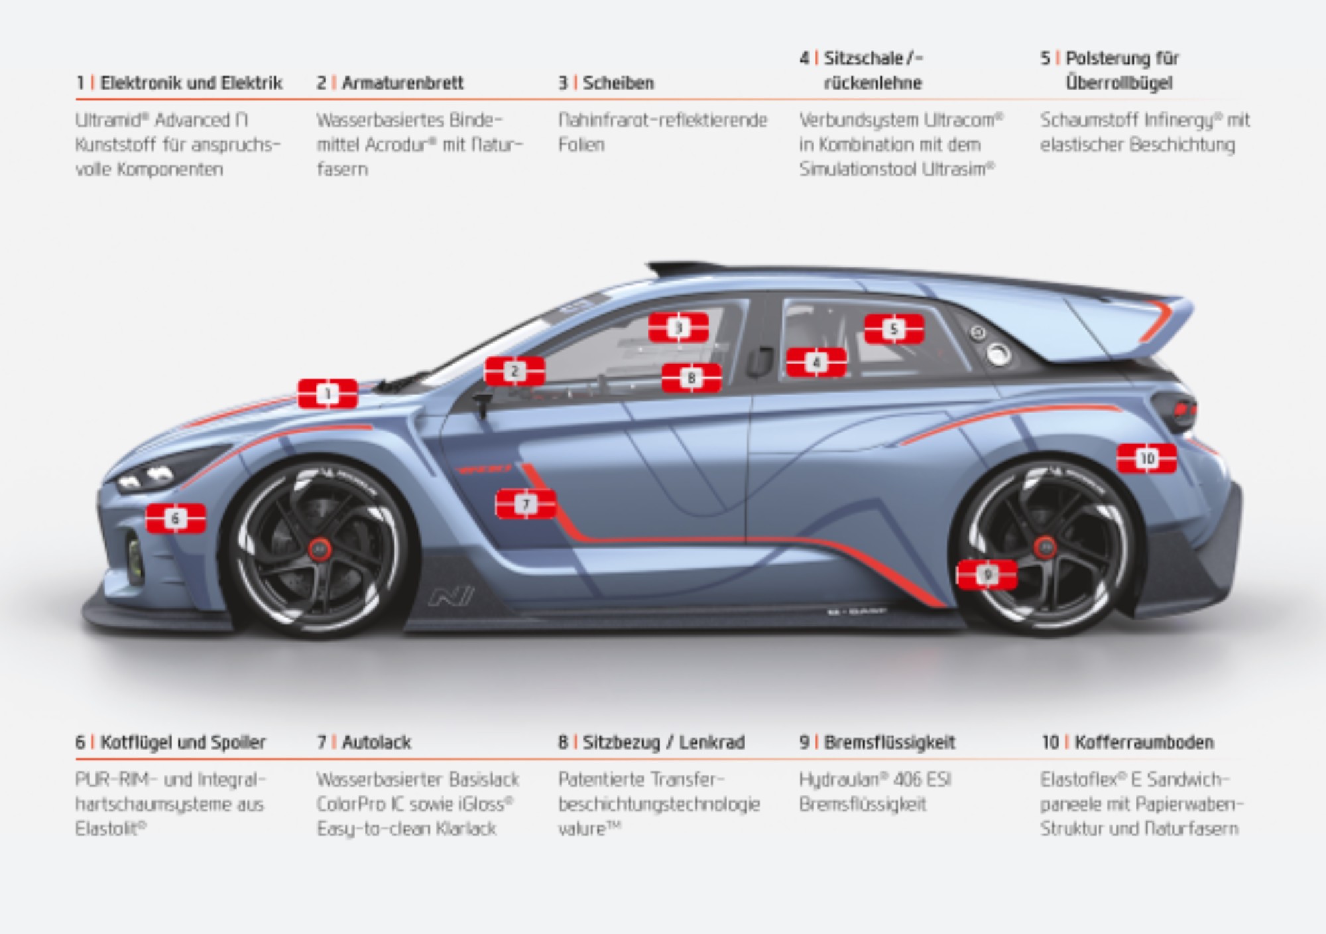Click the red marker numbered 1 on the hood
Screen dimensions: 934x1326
328,394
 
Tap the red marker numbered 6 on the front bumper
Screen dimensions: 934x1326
176,518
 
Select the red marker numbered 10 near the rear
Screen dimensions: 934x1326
1147,458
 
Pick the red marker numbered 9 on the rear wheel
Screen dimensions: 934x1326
987,574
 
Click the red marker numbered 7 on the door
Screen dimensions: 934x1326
526,504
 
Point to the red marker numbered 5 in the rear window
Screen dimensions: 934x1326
894,329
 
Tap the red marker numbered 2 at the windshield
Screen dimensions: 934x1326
514,371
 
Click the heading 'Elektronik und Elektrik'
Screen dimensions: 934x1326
191,83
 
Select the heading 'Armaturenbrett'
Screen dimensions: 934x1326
402,83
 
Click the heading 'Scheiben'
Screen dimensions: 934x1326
618,83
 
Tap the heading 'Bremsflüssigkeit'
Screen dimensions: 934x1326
889,742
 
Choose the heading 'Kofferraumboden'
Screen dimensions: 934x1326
1144,742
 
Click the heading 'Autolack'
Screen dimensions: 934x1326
377,742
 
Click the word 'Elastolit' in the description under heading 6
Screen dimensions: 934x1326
108,829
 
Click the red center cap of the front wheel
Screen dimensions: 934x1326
320,549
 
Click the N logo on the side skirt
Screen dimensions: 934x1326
451,596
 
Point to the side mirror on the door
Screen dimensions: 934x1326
482,401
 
